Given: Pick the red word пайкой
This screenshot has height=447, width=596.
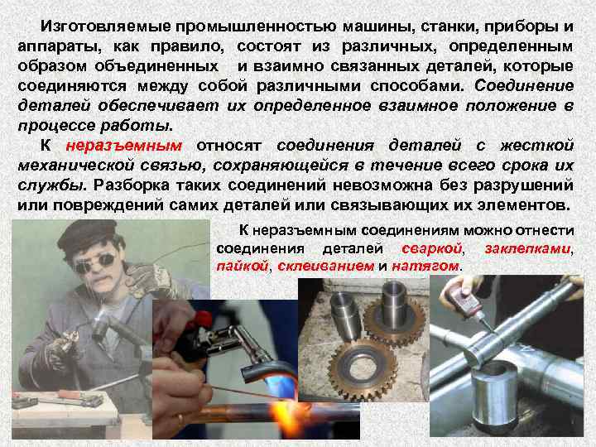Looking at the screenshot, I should [242, 266].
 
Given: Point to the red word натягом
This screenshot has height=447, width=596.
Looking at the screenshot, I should [429, 266].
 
